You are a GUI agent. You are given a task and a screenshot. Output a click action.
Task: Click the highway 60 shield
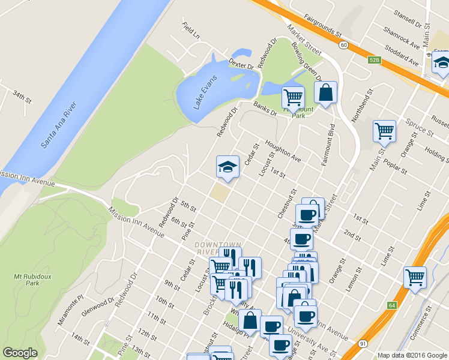coord(343,44)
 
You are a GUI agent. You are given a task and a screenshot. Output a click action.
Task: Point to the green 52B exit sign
coord(374,60)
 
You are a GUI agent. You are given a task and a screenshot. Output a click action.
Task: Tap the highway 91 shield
coord(363,343)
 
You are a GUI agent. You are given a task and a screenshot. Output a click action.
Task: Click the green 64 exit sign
coord(391,305)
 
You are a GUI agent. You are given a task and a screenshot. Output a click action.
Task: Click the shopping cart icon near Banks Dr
coord(293,97)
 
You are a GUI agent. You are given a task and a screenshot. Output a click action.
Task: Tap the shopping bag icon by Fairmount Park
coord(325,92)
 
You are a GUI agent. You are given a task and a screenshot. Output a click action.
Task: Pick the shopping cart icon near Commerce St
coord(415,277)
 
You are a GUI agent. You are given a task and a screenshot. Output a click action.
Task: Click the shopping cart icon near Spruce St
coord(384,130)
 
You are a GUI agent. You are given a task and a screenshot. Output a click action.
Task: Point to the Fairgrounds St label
coord(322,25)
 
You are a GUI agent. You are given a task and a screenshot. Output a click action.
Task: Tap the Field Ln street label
coord(191,31)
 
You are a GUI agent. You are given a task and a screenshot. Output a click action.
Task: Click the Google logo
coord(20,353)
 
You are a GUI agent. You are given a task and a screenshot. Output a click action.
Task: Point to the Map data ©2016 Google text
coord(412,355)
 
